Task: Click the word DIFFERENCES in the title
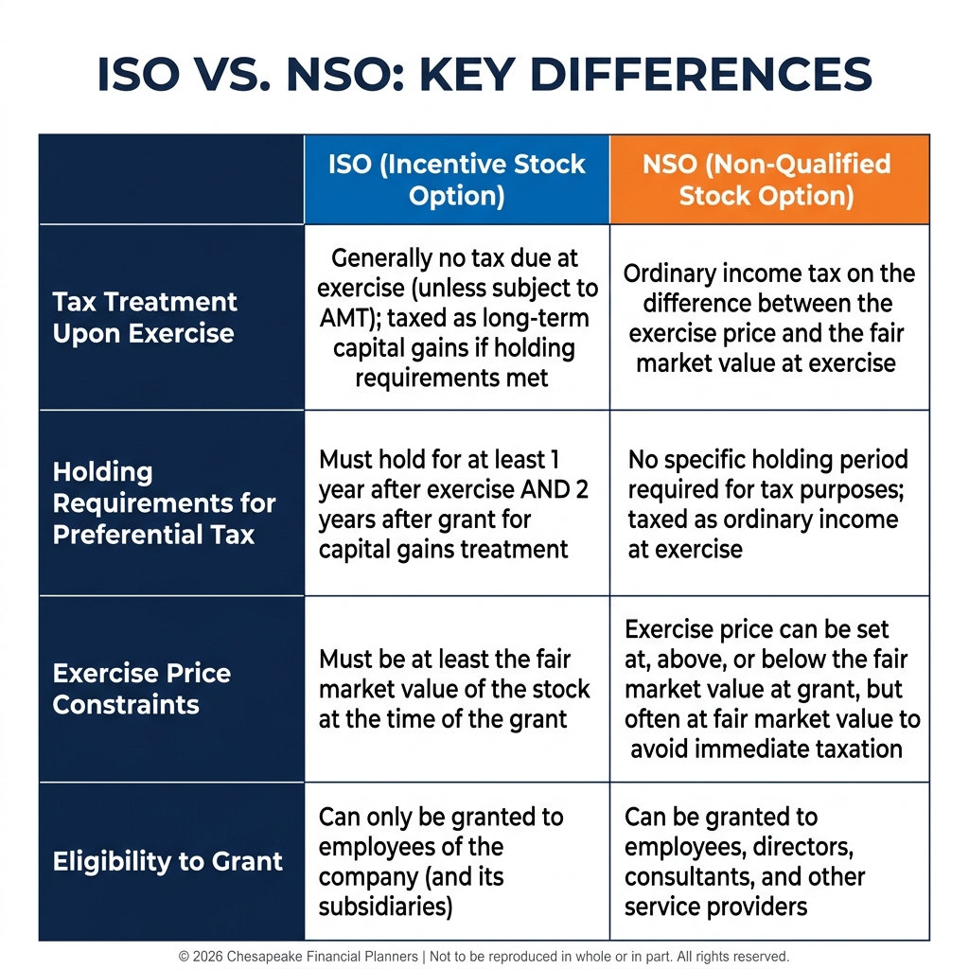(x=701, y=74)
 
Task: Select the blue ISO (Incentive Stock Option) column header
(x=457, y=179)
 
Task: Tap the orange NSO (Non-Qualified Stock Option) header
(x=769, y=179)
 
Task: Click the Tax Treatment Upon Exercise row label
(x=145, y=318)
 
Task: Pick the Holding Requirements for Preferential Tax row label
(x=164, y=503)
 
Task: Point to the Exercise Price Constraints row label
(x=142, y=689)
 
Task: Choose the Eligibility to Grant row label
(x=167, y=861)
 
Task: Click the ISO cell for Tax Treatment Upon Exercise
(x=457, y=318)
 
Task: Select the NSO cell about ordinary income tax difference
(x=769, y=318)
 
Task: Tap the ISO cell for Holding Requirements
(x=457, y=503)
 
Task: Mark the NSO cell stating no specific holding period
(x=769, y=503)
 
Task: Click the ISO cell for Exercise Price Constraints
(x=457, y=689)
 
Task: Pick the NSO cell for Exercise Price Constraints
(x=769, y=689)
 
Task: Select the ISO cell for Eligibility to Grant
(x=457, y=861)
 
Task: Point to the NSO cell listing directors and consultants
(x=769, y=861)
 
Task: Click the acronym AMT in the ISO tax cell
(x=343, y=318)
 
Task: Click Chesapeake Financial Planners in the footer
(x=322, y=957)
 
